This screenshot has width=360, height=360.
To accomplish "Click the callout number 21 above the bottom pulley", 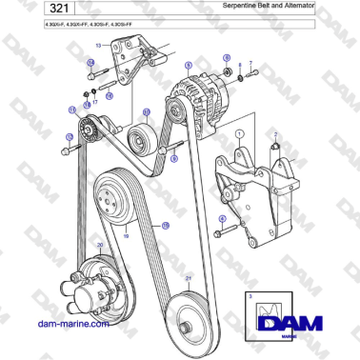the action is (x=189, y=277).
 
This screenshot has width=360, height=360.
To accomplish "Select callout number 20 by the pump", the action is (x=98, y=246).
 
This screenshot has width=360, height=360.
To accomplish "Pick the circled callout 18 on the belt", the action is (x=164, y=226).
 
